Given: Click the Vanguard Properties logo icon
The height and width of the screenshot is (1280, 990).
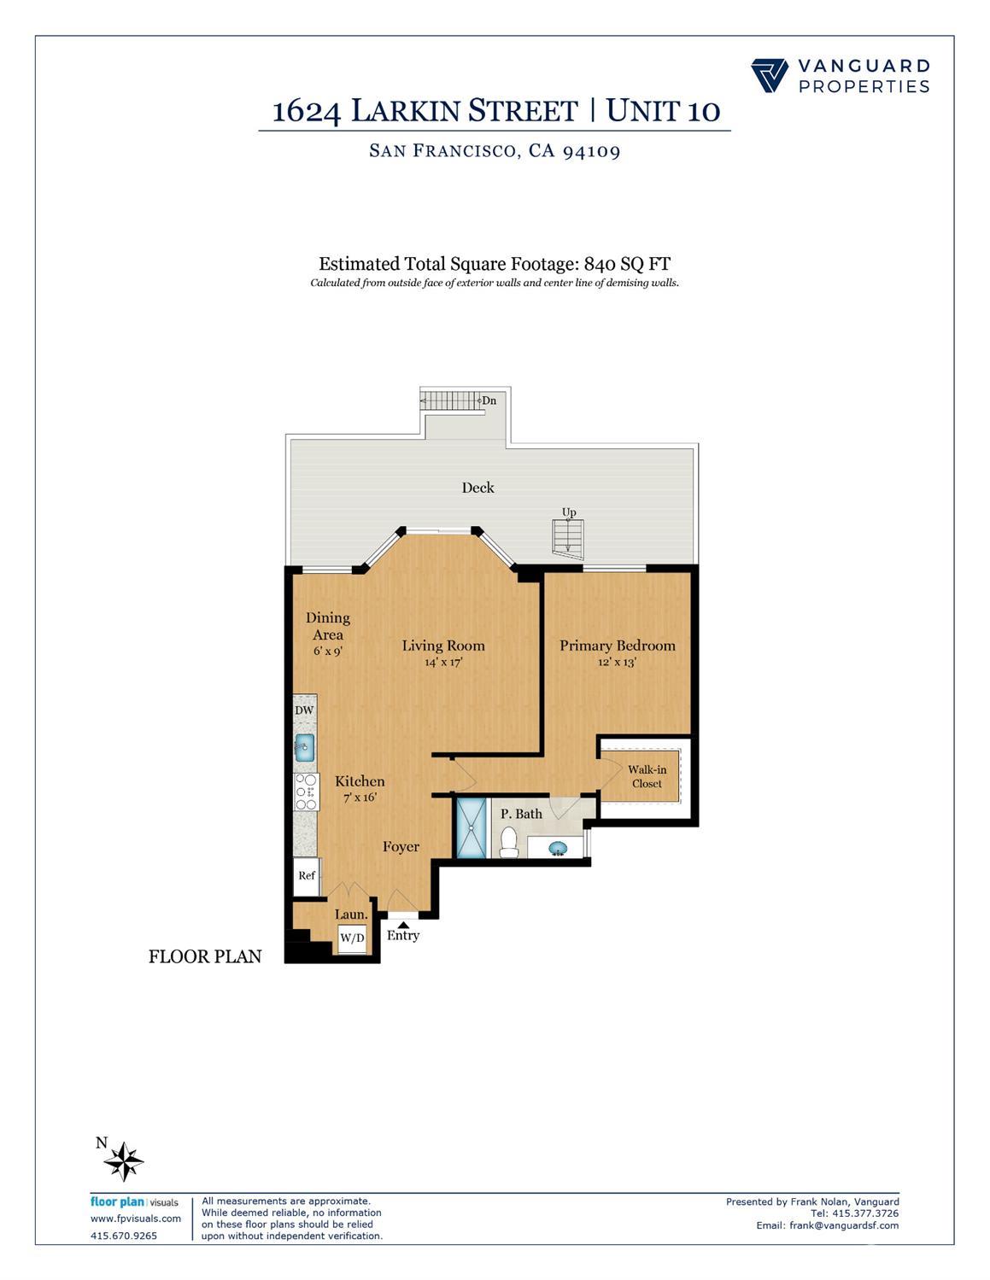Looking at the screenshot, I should [770, 75].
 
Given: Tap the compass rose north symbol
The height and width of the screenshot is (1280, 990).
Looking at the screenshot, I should [126, 1161].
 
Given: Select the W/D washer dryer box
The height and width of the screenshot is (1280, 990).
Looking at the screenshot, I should [352, 938].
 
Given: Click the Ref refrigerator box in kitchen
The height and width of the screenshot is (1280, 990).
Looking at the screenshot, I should [307, 876].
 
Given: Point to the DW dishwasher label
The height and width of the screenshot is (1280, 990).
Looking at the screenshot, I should [304, 710].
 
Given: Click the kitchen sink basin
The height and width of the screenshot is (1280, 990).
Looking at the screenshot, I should [305, 747].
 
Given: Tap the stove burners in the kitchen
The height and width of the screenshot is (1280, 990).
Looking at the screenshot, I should [306, 792].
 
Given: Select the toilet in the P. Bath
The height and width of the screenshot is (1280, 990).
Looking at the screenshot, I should [509, 842].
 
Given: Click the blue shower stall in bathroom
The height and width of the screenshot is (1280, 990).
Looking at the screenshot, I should [470, 827].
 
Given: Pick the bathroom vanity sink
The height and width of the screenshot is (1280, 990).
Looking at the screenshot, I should [557, 848].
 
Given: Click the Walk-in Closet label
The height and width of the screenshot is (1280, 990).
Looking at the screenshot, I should [647, 776].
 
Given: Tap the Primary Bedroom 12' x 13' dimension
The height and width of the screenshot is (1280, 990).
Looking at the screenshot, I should [617, 662].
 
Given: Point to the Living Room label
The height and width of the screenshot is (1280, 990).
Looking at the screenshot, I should [443, 646].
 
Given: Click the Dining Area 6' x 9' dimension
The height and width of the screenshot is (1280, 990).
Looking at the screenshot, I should [328, 651].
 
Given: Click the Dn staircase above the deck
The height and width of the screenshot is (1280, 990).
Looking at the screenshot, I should [453, 400].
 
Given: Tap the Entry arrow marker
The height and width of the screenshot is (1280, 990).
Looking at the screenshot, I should [402, 924].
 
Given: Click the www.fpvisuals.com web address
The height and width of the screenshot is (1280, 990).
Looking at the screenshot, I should [136, 1219].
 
